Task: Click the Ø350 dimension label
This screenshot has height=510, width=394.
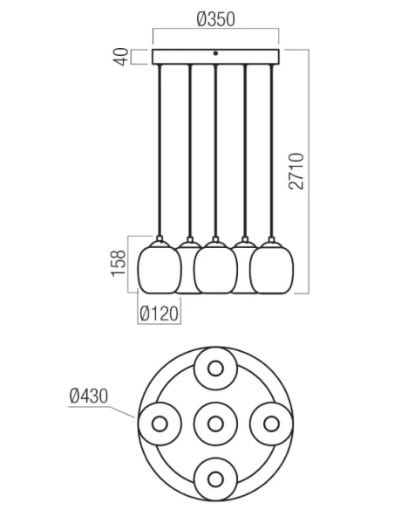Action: coord(216,19)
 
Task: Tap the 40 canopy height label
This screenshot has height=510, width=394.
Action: coord(122,57)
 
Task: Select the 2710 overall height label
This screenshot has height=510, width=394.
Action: coord(296,171)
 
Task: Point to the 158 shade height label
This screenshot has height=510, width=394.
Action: coord(119,264)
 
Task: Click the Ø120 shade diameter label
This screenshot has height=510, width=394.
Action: coord(159,314)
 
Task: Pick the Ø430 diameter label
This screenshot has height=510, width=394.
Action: coord(89,396)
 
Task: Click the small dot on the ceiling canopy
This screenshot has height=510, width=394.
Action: coord(215,53)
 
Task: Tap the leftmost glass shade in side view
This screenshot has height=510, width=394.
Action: coord(159,267)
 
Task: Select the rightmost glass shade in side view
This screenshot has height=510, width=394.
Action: coord(272,267)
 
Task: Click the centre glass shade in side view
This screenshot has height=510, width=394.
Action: coord(215,267)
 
